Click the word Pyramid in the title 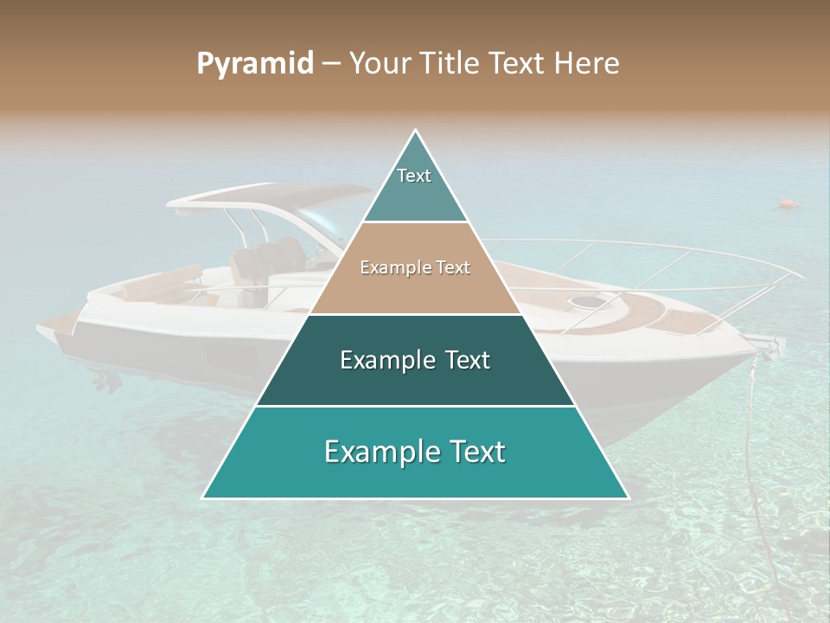coord(254,64)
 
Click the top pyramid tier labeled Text coord(414,182)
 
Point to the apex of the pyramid coord(416,131)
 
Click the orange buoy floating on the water coord(787,205)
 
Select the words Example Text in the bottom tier coord(415,452)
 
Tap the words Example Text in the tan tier coord(415,267)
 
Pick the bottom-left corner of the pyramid coord(203,498)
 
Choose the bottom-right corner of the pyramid coord(628,498)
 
